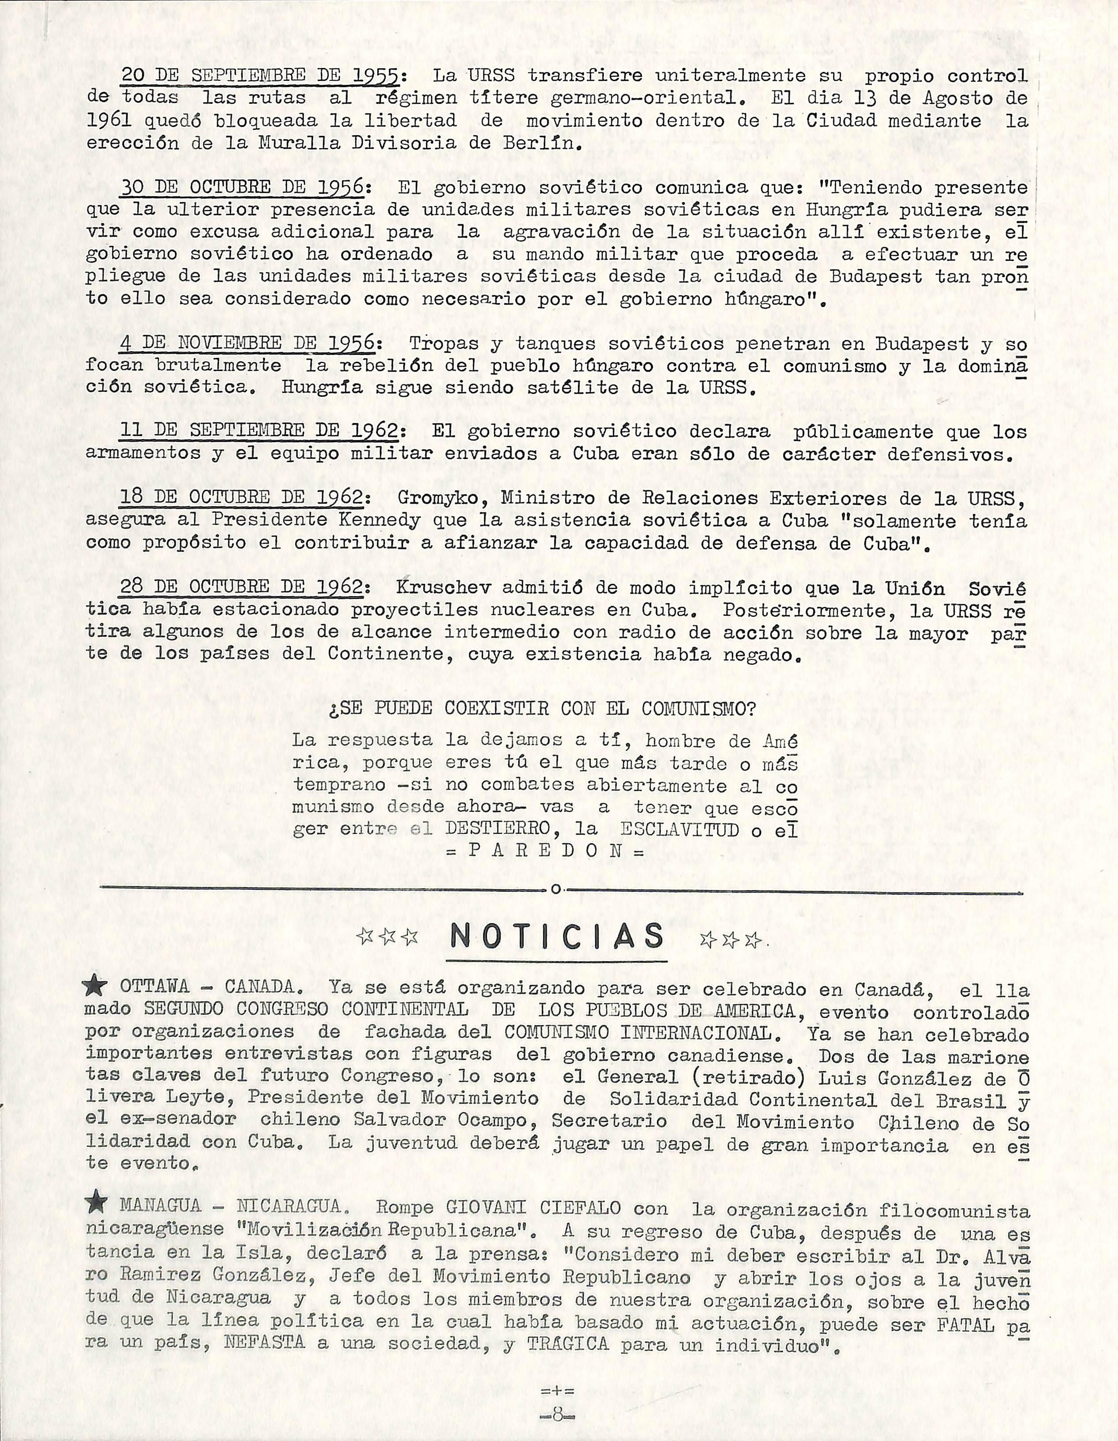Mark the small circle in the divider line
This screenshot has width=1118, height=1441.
point(556,890)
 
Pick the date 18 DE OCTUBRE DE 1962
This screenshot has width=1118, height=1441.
point(241,498)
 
